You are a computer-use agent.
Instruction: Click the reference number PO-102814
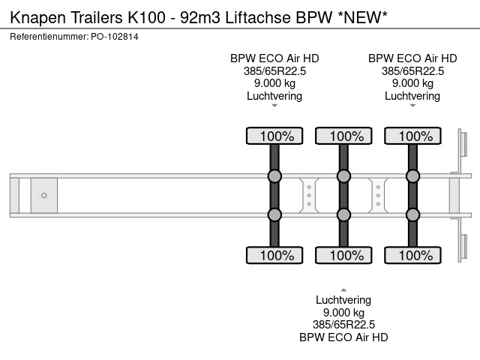click(116, 36)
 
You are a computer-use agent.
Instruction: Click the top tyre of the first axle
click(274, 136)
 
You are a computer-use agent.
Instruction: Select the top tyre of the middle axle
click(343, 136)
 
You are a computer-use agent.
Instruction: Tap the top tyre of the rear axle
click(412, 136)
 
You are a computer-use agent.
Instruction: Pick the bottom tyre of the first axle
click(274, 255)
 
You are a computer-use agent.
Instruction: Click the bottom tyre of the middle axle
click(343, 255)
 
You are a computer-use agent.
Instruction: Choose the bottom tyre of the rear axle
click(412, 255)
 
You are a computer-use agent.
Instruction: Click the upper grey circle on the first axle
click(274, 176)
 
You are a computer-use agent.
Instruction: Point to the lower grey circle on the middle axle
click(343, 215)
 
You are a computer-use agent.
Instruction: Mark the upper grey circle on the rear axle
click(412, 176)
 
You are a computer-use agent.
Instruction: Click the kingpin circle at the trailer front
click(44, 196)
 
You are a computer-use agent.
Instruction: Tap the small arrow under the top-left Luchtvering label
click(274, 106)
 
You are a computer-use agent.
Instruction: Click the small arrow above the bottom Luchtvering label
click(343, 289)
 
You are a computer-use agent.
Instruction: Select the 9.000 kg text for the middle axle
click(343, 313)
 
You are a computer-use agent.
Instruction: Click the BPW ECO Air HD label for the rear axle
click(412, 58)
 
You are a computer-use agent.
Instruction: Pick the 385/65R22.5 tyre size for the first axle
click(274, 70)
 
